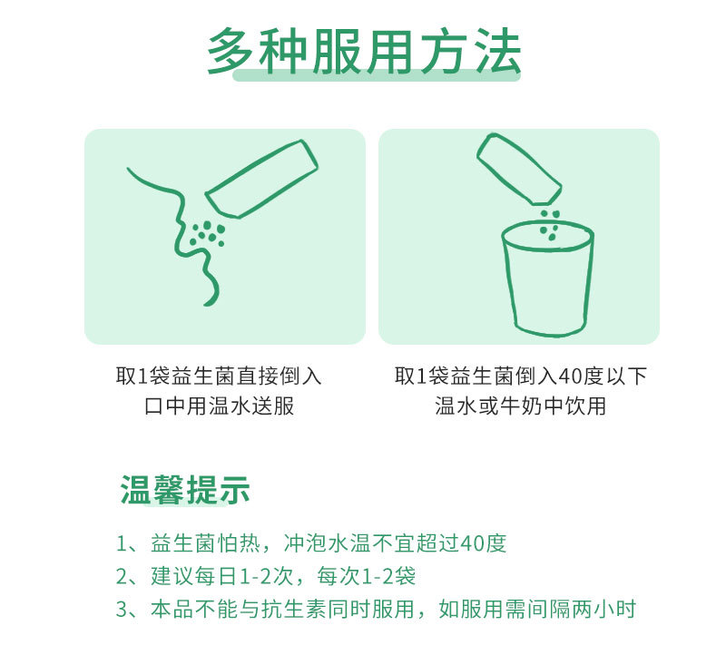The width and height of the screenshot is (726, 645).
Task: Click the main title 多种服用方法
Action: pyautogui.click(x=364, y=52)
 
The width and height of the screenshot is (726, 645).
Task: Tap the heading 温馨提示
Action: pyautogui.click(x=185, y=490)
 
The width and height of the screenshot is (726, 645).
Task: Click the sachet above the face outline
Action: pyautogui.click(x=261, y=179)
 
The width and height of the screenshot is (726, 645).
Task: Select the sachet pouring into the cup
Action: pyautogui.click(x=519, y=169)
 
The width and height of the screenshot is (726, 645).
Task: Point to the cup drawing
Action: pyautogui.click(x=548, y=279)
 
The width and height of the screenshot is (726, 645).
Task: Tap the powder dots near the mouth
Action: pyautogui.click(x=208, y=233)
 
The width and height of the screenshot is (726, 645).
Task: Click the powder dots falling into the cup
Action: pyautogui.click(x=550, y=225)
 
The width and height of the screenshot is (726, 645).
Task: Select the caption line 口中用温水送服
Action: pyautogui.click(x=219, y=406)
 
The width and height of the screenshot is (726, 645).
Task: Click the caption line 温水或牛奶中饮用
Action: pyautogui.click(x=520, y=406)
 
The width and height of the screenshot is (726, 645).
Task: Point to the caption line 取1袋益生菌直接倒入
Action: pyautogui.click(x=219, y=376)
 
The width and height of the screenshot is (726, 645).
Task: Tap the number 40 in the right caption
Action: pyautogui.click(x=570, y=376)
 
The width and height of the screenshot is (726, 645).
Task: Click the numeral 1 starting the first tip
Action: pyautogui.click(x=122, y=543)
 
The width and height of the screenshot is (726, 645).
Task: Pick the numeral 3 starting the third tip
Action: pyautogui.click(x=122, y=610)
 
